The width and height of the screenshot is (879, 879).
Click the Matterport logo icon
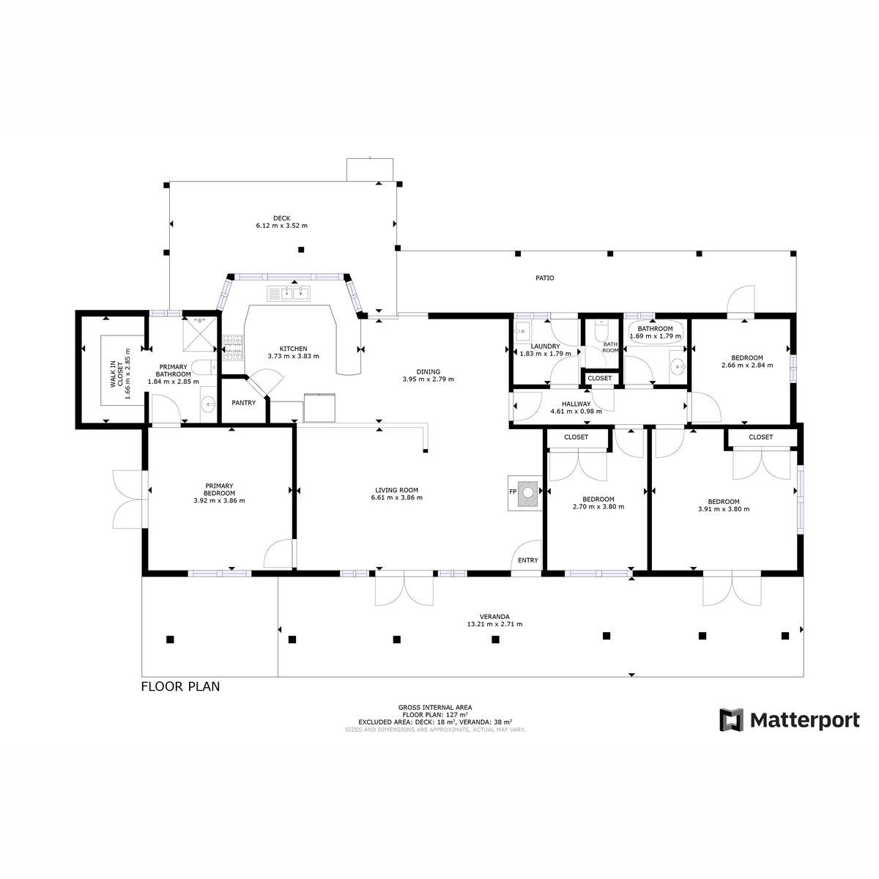pos(731,720)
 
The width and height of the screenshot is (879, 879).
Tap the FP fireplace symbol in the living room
pos(525,493)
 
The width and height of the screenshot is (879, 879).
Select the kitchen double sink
pos(289,293)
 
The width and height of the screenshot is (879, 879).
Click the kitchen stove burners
pos(233,348)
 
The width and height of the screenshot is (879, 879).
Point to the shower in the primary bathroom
pos(199,334)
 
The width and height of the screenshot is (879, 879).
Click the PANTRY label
pos(244,403)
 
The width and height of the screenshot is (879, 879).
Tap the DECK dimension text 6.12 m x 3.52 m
pos(281,226)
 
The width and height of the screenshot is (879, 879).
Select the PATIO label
pos(545,278)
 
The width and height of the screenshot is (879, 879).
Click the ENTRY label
pos(527,560)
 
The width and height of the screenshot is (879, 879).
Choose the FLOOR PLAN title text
pos(181,686)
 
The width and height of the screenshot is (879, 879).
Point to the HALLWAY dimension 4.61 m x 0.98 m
pos(576,411)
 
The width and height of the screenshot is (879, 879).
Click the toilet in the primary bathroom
pos(204,366)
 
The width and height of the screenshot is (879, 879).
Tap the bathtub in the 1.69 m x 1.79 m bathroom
pos(656,332)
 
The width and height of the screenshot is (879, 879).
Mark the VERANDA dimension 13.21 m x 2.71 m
pos(494,624)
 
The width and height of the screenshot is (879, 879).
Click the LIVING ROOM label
pos(396,490)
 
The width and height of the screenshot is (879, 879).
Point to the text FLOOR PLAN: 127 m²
pos(435,715)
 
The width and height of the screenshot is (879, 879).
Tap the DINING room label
pos(428,372)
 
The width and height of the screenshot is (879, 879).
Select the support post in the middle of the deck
pos(301,250)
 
